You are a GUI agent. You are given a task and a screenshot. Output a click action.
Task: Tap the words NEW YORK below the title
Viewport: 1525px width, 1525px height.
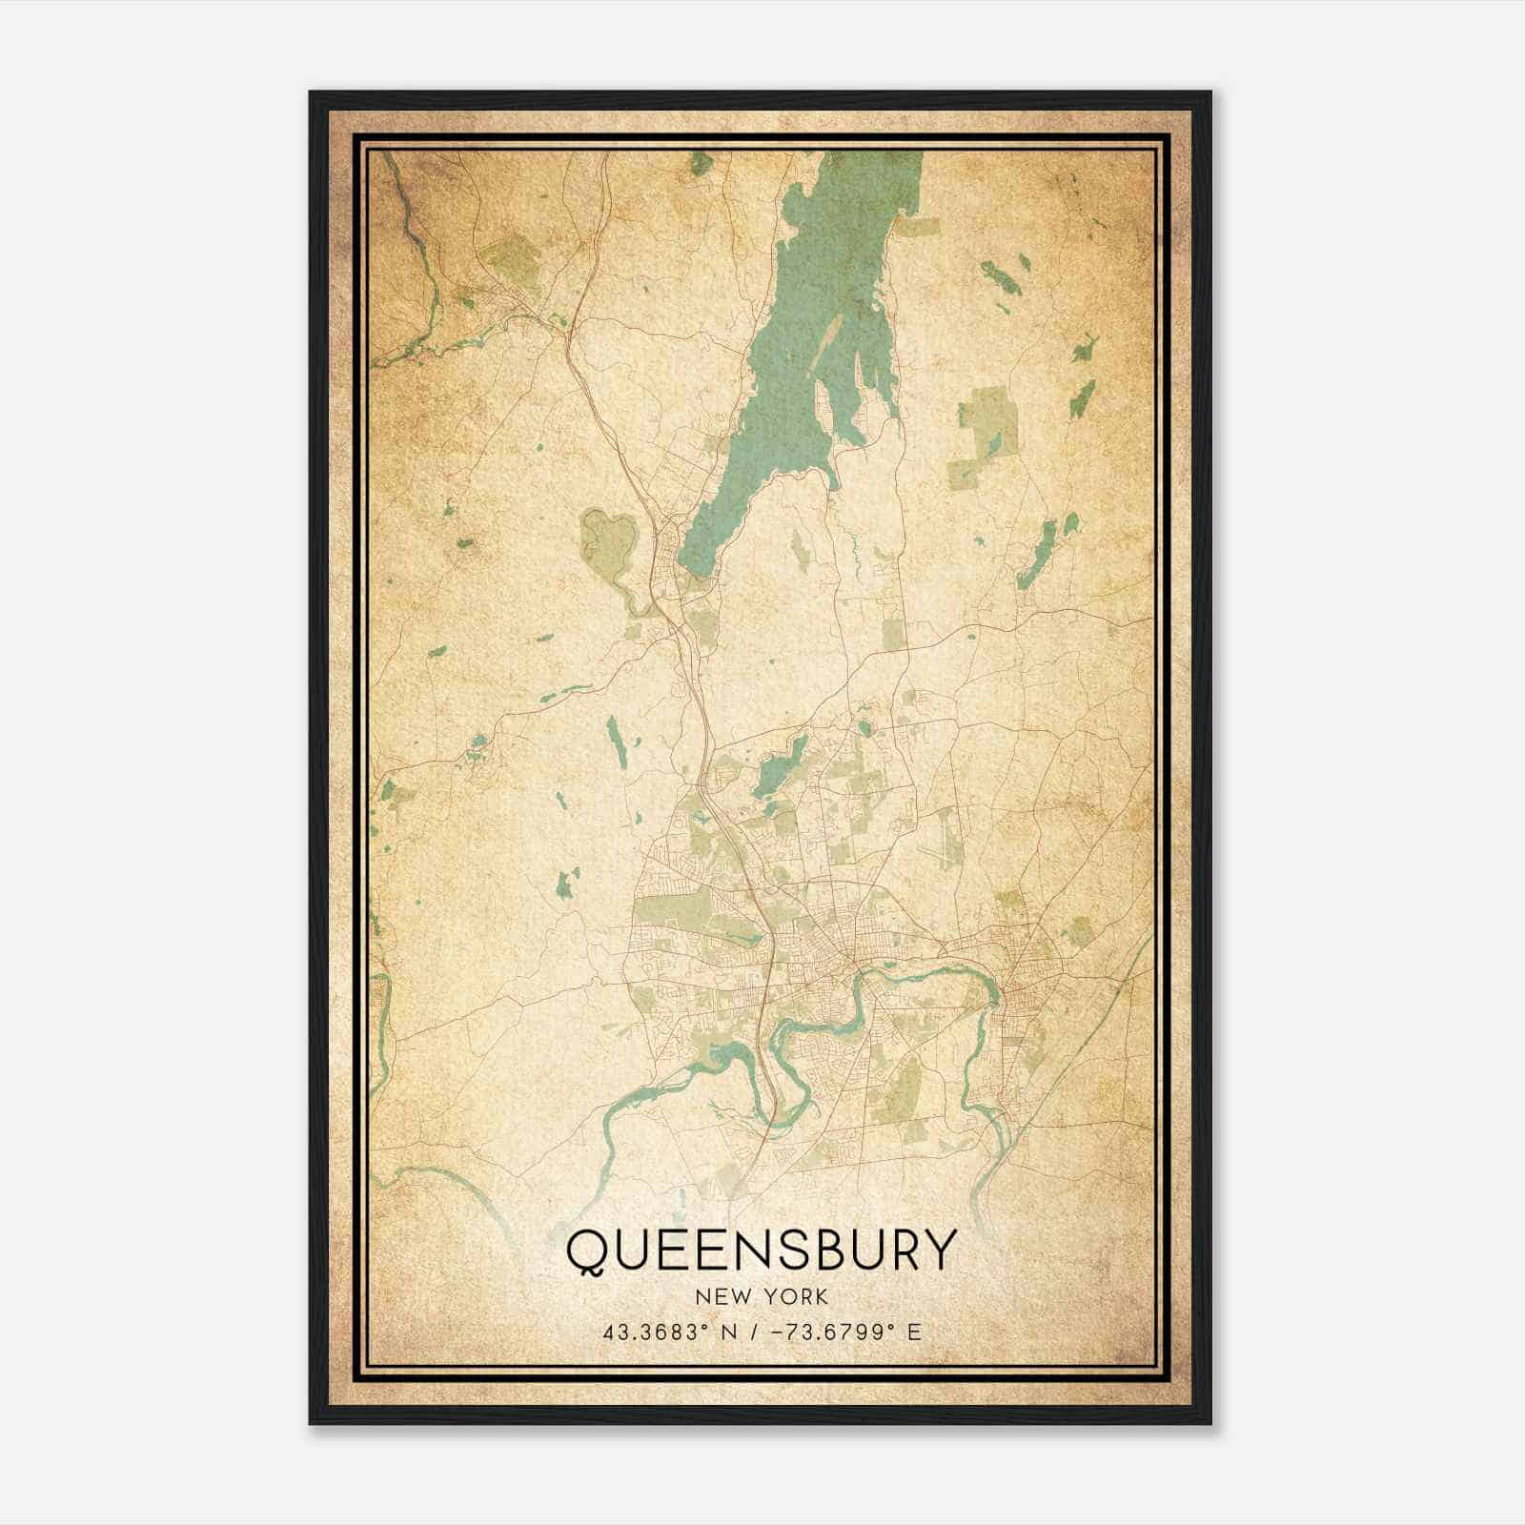(761, 1296)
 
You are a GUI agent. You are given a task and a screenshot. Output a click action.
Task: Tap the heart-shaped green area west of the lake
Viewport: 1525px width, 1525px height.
(608, 538)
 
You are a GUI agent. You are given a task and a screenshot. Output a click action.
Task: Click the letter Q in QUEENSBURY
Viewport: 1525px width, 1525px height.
(591, 1251)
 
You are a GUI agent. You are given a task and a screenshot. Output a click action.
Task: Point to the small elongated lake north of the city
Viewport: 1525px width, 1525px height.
(780, 766)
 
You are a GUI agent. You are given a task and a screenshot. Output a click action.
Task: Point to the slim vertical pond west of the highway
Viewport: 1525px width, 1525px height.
(618, 742)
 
